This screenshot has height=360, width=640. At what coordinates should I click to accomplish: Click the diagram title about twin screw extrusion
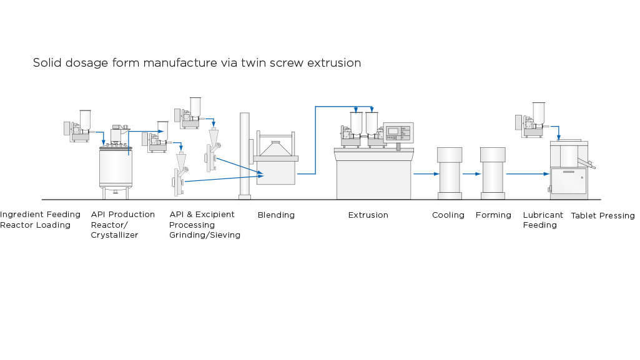click(x=197, y=63)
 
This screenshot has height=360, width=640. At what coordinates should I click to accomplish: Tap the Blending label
click(x=276, y=215)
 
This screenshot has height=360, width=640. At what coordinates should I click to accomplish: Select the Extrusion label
click(x=368, y=215)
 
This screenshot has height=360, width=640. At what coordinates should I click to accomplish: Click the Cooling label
click(x=448, y=215)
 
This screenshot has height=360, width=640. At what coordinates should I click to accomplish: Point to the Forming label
click(x=493, y=215)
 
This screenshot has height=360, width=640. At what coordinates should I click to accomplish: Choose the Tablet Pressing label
click(x=603, y=216)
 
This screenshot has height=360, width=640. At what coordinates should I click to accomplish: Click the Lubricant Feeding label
click(x=543, y=220)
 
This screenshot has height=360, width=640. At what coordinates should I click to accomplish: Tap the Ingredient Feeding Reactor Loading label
click(x=40, y=220)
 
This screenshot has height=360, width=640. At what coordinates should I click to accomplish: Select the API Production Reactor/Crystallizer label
click(x=122, y=225)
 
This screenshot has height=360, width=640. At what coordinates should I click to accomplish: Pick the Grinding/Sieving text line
click(x=205, y=235)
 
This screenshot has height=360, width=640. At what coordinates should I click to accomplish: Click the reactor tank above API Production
click(x=116, y=167)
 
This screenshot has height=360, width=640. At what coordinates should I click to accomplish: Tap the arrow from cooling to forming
click(x=471, y=174)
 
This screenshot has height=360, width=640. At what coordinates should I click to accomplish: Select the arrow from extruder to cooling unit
click(x=426, y=174)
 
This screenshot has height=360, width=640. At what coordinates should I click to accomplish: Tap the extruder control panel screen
click(x=393, y=131)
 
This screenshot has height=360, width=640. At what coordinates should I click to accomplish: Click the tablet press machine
click(x=568, y=172)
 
